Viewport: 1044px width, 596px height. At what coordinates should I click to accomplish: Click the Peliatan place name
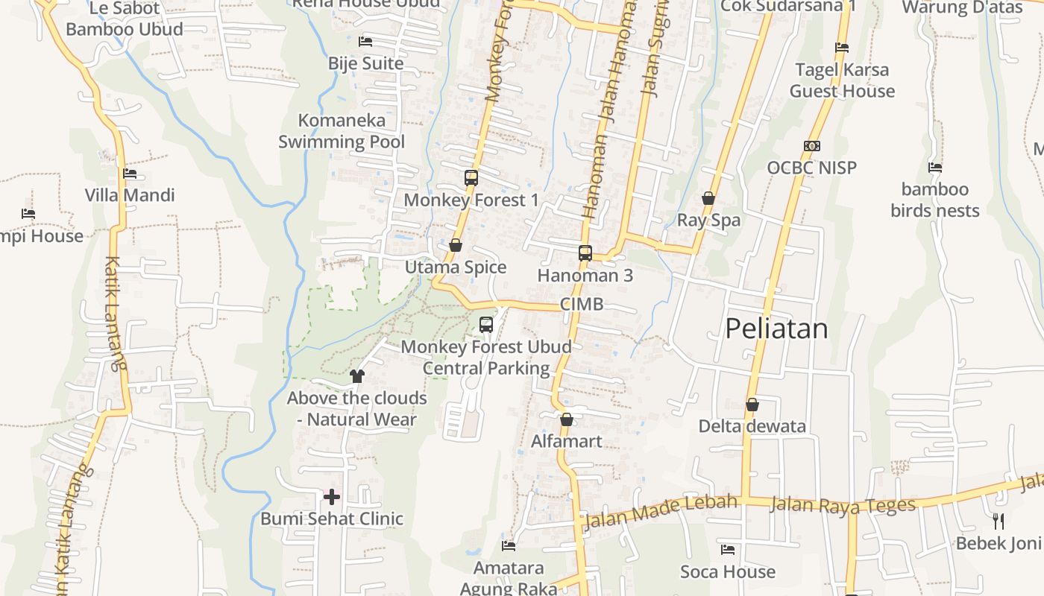(x=776, y=329)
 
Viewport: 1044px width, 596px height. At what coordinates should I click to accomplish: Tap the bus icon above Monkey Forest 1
(x=471, y=178)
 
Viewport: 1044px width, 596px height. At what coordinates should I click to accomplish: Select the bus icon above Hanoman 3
(x=585, y=253)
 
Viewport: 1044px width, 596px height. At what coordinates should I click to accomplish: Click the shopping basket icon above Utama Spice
(x=456, y=245)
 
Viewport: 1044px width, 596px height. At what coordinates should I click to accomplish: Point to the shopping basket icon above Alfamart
(x=567, y=419)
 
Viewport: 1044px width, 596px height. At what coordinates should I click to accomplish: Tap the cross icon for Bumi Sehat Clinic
(x=332, y=496)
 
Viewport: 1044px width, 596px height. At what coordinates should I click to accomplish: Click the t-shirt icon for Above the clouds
(x=357, y=375)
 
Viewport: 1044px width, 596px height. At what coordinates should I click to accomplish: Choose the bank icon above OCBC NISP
(x=812, y=146)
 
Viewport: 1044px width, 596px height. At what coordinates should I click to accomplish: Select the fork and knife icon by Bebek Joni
(x=999, y=521)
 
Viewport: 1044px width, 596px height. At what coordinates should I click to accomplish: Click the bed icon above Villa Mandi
(x=130, y=174)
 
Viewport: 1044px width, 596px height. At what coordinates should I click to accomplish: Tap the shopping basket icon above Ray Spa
(x=708, y=198)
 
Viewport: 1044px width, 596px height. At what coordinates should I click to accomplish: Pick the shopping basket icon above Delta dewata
(x=752, y=405)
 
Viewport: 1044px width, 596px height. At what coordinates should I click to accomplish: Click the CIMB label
(x=582, y=304)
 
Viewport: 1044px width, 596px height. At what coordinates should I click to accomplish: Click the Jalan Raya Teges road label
(x=843, y=504)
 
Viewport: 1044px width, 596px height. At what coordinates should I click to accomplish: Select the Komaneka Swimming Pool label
(x=342, y=131)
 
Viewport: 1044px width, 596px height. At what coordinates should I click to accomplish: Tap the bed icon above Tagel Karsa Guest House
(x=842, y=48)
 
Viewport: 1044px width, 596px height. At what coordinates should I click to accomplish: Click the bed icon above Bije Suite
(x=365, y=41)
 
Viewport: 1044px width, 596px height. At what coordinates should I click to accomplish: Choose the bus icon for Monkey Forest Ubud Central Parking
(x=486, y=325)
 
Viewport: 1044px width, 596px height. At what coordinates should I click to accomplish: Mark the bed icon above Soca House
(x=728, y=550)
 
